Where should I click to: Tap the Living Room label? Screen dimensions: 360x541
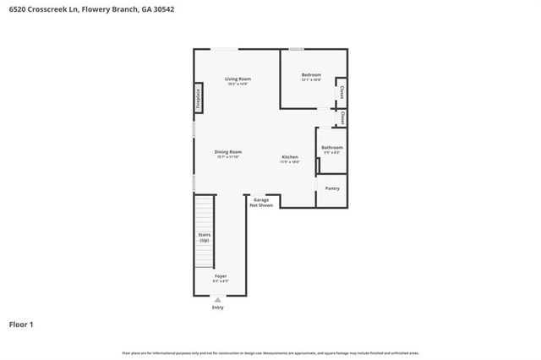pos(238,79)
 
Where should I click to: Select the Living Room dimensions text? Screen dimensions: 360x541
pos(238,85)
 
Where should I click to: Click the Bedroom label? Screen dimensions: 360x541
pos(311,75)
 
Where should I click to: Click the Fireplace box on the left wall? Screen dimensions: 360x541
pos(198,98)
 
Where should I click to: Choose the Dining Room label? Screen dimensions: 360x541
pos(228,151)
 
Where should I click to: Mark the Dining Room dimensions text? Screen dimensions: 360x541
pos(228,157)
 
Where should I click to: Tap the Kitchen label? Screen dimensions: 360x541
pos(290,156)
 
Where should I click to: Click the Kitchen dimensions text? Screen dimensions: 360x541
pos(290,162)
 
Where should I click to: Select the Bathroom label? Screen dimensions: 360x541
pos(331,148)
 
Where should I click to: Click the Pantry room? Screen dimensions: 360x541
pos(331,188)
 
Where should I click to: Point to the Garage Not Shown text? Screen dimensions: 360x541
pos(261,202)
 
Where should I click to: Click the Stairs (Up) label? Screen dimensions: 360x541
pos(204,237)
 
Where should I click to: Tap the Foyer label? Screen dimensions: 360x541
pos(220,275)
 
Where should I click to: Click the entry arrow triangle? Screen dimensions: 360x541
pos(218,299)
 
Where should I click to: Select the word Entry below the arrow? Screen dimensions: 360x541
pos(218,307)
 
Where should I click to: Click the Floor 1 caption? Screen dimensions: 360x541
pos(21,324)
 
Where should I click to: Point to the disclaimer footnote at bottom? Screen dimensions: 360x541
pos(270,352)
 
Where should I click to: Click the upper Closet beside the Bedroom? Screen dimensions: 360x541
pos(342,91)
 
